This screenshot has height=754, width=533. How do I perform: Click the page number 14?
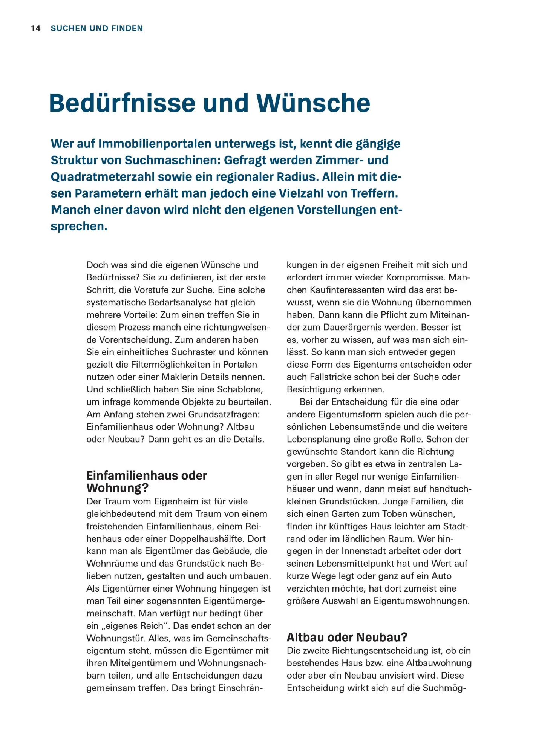tap(35, 28)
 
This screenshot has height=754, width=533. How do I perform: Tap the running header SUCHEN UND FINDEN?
tap(97, 28)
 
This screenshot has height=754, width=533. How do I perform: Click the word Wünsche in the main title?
tap(313, 103)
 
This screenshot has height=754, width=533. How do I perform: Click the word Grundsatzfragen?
tap(224, 414)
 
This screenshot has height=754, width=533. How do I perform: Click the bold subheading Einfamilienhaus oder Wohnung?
tap(147, 482)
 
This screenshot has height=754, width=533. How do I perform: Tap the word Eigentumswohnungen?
tap(421, 601)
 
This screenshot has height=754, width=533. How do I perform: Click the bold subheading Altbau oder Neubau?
tap(347, 638)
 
